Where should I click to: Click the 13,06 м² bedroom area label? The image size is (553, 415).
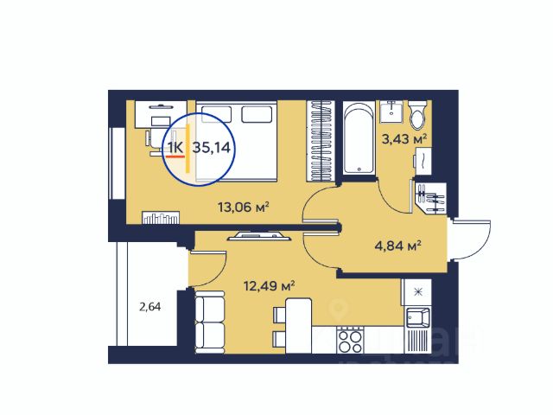(x=244, y=207)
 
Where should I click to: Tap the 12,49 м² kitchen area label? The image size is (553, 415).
(x=269, y=286)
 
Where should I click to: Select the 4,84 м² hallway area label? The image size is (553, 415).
(x=397, y=245)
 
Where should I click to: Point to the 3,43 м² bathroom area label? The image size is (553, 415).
(x=404, y=138)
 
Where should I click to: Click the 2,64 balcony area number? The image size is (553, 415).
(x=149, y=307)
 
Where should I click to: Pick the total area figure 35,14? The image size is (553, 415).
(x=211, y=148)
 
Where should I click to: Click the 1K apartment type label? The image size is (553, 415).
(x=175, y=148)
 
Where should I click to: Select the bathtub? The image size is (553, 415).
(x=359, y=137)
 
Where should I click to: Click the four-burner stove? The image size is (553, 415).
(x=350, y=340)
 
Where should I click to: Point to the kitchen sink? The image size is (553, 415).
(x=418, y=317)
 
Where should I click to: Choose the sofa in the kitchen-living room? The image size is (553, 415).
(x=209, y=322)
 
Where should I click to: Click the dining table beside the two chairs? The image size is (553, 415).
(x=298, y=325)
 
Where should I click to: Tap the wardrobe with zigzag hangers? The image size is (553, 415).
(x=321, y=141)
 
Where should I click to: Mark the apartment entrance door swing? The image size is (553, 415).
(x=470, y=240)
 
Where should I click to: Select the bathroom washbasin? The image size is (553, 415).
(x=391, y=112)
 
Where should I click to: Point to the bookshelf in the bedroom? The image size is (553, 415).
(x=161, y=217)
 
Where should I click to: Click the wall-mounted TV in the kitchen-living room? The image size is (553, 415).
(x=259, y=236)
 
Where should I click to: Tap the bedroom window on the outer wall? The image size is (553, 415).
(x=117, y=163)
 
